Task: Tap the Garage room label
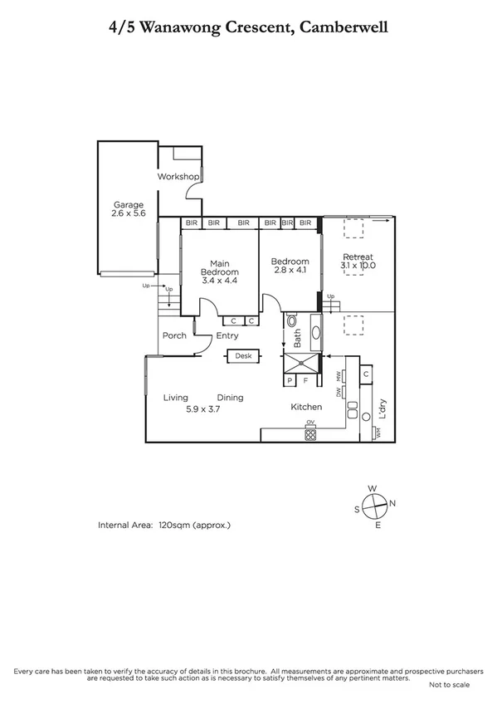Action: pyautogui.click(x=129, y=205)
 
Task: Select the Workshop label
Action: pyautogui.click(x=178, y=177)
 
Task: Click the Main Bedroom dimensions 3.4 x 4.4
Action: pyautogui.click(x=220, y=281)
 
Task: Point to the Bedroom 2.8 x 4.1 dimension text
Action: pyautogui.click(x=290, y=271)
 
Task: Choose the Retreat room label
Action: pyautogui.click(x=358, y=257)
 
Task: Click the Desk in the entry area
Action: pyautogui.click(x=243, y=356)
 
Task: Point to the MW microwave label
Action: pyautogui.click(x=339, y=377)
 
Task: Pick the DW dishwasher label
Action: pyautogui.click(x=339, y=392)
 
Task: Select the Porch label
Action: pyautogui.click(x=174, y=336)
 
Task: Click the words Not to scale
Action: pyautogui.click(x=449, y=685)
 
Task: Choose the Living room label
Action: pyautogui.click(x=176, y=398)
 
